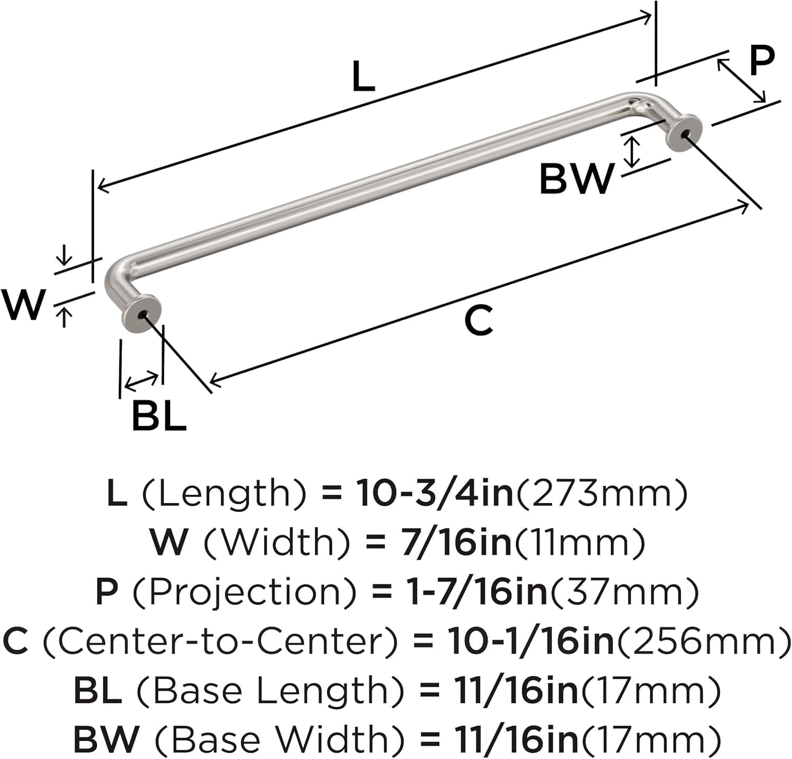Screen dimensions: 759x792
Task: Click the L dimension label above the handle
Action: (363, 77)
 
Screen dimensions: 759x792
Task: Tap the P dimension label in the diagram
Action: (761, 61)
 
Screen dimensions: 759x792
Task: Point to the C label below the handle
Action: (478, 321)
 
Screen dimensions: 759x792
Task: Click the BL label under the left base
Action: (159, 416)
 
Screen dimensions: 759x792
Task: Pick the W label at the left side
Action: (23, 305)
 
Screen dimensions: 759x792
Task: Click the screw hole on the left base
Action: (142, 314)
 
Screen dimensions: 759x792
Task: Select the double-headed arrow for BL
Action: (140, 381)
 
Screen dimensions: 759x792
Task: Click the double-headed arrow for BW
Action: (633, 151)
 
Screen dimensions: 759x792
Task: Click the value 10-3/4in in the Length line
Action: (435, 494)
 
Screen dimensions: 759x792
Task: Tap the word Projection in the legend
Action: (245, 592)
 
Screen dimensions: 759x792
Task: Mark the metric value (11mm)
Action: (580, 543)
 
